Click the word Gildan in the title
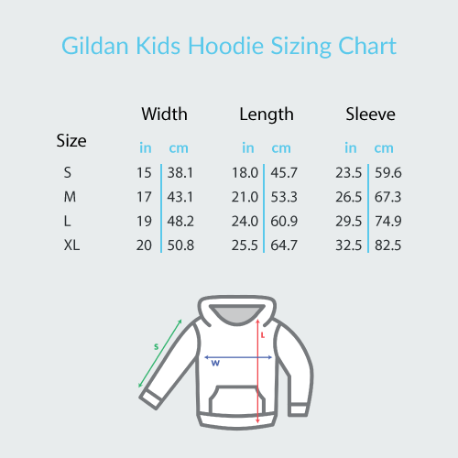93,47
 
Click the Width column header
164,114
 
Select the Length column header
267,114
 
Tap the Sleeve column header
370,114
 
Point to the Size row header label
71,141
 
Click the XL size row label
71,245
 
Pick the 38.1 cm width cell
180,172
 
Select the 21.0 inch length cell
245,197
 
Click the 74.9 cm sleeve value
387,221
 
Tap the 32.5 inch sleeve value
348,245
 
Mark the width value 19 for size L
144,221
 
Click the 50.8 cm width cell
180,245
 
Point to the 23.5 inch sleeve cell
348,172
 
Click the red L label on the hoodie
263,335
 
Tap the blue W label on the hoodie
216,363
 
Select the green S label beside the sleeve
157,346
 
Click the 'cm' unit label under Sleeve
384,147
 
